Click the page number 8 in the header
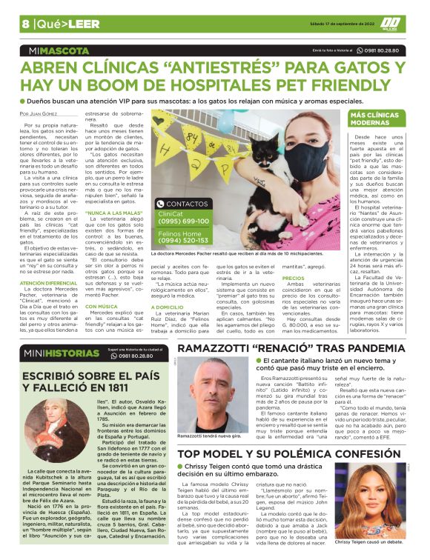[x=25, y=24]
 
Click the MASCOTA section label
[x=61, y=51]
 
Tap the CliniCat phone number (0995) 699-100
[x=183, y=221]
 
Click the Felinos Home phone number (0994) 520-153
[x=183, y=241]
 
